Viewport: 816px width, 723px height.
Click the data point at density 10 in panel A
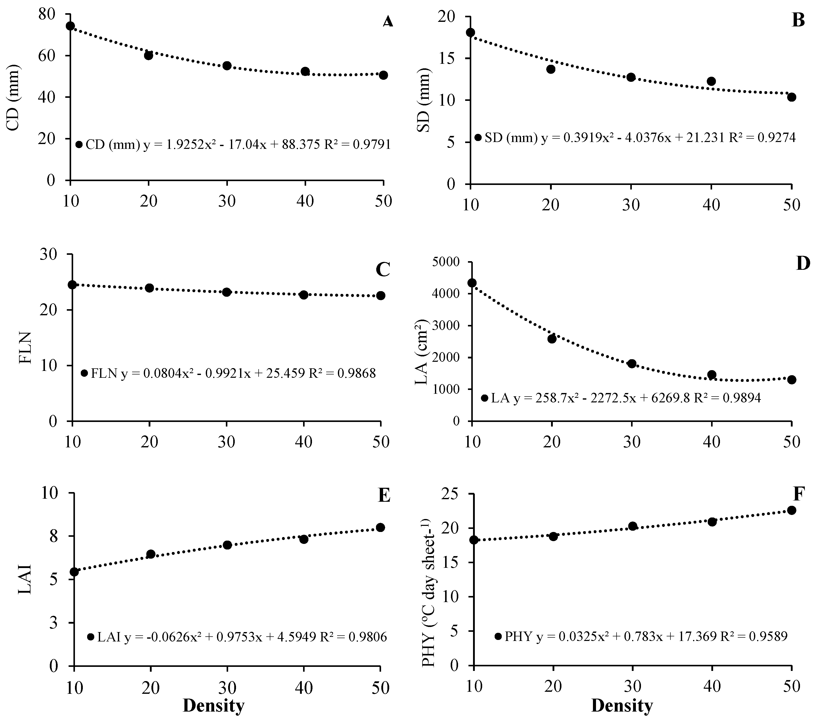[70, 26]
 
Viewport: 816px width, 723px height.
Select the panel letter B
[798, 20]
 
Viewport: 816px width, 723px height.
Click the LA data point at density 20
[552, 339]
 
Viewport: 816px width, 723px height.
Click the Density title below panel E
[214, 705]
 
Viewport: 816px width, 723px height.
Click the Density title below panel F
[622, 705]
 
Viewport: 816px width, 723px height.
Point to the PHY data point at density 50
[792, 510]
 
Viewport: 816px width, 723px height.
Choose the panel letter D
[803, 264]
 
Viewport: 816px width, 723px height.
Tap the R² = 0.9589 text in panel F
[755, 636]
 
